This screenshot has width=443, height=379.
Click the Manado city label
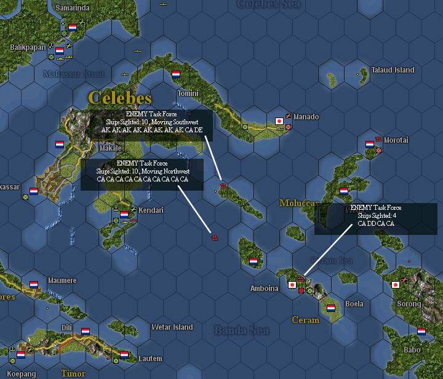306,117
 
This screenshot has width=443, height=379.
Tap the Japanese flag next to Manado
279,121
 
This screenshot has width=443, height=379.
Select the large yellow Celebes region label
119,97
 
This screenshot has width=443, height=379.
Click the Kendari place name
151,210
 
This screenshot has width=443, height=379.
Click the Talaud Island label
393,70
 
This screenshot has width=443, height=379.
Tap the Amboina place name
265,288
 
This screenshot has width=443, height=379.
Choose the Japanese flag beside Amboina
292,285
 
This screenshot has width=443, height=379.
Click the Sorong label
409,304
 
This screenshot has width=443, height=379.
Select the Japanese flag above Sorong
396,285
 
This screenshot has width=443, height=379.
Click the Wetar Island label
172,327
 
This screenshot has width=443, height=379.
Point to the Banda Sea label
241,330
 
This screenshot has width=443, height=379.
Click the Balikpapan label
28,47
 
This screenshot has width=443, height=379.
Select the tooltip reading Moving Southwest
151,122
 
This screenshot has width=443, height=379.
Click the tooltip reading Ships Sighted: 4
376,216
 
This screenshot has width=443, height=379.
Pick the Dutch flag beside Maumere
34,285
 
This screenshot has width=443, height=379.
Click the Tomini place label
188,94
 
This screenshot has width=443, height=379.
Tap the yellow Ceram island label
306,320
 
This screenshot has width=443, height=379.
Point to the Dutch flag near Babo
421,331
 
